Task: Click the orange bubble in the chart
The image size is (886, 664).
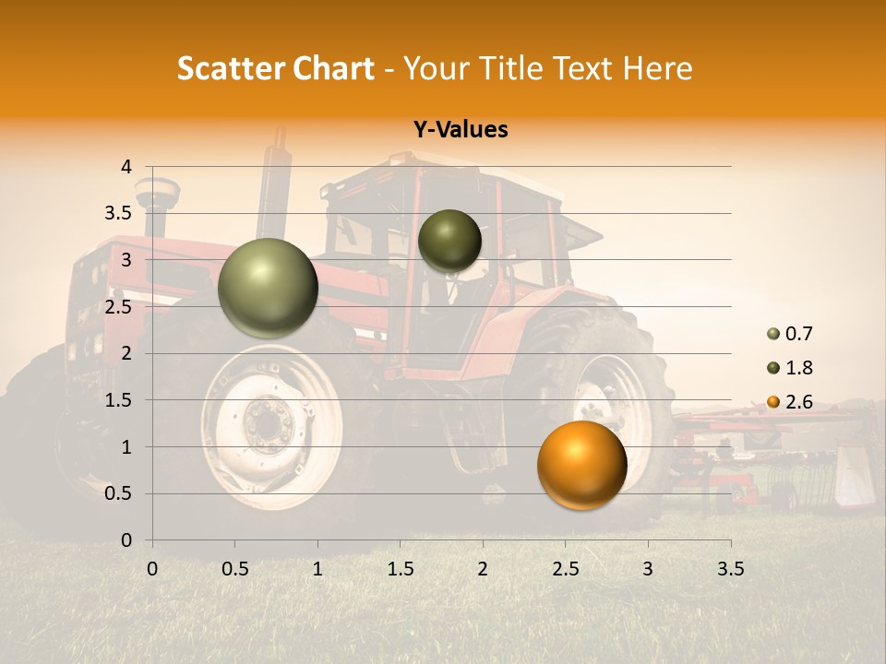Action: [581, 466]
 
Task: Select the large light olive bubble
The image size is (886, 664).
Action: [268, 288]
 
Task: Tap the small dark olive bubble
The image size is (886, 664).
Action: [449, 241]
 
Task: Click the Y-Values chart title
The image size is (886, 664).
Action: [461, 130]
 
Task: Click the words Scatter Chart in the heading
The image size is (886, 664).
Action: [276, 68]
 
